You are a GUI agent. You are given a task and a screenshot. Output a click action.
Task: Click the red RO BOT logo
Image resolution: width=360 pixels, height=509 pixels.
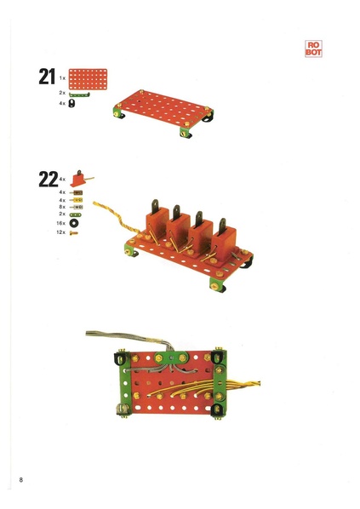point(313,49)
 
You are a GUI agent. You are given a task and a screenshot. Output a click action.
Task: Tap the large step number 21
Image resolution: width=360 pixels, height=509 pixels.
point(47,77)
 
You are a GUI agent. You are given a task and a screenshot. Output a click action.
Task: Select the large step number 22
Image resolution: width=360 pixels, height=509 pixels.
point(49,180)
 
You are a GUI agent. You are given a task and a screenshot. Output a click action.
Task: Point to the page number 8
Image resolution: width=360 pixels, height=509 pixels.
point(21,480)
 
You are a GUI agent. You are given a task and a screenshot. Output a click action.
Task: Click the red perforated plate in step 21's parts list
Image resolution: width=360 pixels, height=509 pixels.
point(88,79)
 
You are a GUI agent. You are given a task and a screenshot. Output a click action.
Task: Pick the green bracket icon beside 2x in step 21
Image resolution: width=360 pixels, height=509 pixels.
point(79,94)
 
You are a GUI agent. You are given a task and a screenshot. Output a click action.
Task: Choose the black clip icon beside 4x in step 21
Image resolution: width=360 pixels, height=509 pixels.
point(71,103)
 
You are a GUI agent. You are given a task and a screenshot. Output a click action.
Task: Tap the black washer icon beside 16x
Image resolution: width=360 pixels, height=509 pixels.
point(74,223)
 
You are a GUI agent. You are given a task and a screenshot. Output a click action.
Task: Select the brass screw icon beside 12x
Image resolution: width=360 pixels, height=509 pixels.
point(74,232)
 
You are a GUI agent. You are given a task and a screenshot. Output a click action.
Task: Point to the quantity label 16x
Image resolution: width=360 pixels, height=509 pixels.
point(60,223)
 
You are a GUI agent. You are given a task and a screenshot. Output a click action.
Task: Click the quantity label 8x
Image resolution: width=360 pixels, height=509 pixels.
point(62,207)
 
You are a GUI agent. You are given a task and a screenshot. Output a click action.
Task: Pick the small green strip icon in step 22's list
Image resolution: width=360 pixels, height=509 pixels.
point(75,214)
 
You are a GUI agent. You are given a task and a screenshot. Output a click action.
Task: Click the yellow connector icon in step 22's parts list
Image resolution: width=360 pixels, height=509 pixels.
point(76,200)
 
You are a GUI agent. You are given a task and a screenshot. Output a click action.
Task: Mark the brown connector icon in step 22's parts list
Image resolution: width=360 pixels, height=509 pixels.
point(76,192)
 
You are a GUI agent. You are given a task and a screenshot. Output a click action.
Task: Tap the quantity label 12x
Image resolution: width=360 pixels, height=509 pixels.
point(60,232)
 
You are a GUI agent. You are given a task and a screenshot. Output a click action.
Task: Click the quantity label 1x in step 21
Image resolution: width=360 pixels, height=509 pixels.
point(62,78)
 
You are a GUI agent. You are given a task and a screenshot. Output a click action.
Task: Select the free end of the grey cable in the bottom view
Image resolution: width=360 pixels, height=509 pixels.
point(87,334)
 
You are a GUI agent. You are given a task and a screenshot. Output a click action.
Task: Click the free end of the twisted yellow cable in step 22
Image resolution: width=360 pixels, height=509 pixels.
point(94,203)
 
